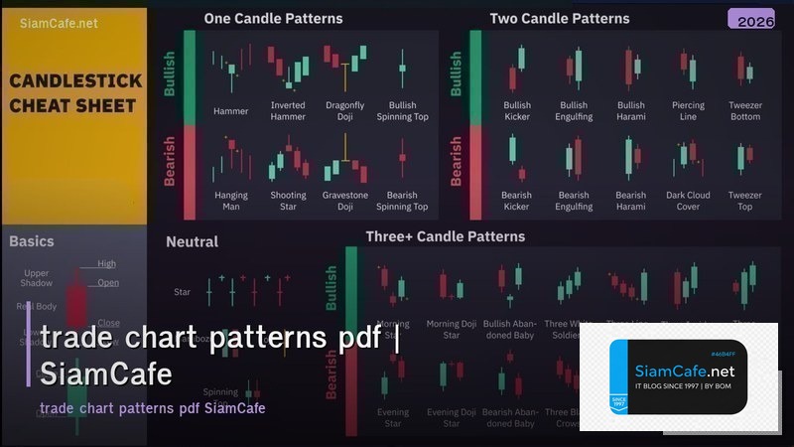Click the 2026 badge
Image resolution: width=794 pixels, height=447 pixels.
click(750, 20)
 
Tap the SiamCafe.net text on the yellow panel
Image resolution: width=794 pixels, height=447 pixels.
click(58, 24)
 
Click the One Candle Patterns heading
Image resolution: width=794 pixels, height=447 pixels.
click(273, 18)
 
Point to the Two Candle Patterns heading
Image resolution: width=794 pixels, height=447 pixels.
click(560, 18)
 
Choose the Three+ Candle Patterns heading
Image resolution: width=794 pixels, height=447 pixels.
click(446, 236)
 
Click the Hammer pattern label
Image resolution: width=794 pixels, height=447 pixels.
click(231, 111)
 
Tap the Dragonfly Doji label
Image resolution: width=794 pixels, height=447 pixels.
click(344, 111)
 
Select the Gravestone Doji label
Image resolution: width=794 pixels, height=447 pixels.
click(344, 201)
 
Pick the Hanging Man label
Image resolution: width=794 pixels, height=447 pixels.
click(231, 201)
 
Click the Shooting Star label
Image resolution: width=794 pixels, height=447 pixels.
click(288, 201)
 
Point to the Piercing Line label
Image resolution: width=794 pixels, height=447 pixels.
click(688, 111)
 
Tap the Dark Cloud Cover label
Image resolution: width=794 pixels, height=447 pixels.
click(688, 201)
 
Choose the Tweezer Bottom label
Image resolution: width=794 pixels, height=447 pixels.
click(744, 111)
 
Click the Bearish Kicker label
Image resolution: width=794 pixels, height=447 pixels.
click(516, 201)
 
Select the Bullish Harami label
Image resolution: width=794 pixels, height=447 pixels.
click(630, 111)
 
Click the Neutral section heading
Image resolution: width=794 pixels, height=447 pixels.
click(192, 241)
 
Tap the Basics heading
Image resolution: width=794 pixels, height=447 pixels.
click(32, 241)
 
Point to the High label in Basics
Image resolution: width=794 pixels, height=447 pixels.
click(106, 264)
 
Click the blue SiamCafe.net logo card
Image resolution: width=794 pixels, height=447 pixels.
click(678, 376)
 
